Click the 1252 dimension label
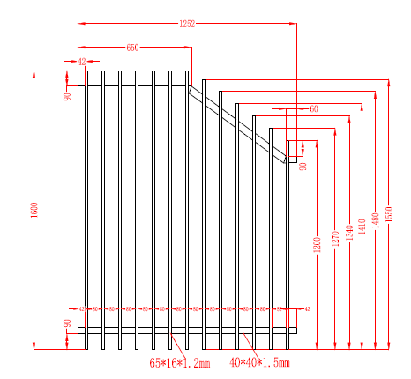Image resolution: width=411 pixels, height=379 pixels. (186, 23)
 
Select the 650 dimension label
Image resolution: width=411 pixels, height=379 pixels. (132, 47)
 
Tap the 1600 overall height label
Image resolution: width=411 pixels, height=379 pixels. (34, 211)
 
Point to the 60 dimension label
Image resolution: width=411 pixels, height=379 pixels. (313, 108)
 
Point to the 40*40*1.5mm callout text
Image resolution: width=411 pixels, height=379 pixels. (259, 361)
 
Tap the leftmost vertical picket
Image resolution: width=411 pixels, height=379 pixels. (86, 212)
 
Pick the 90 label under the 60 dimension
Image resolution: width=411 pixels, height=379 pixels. (303, 166)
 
